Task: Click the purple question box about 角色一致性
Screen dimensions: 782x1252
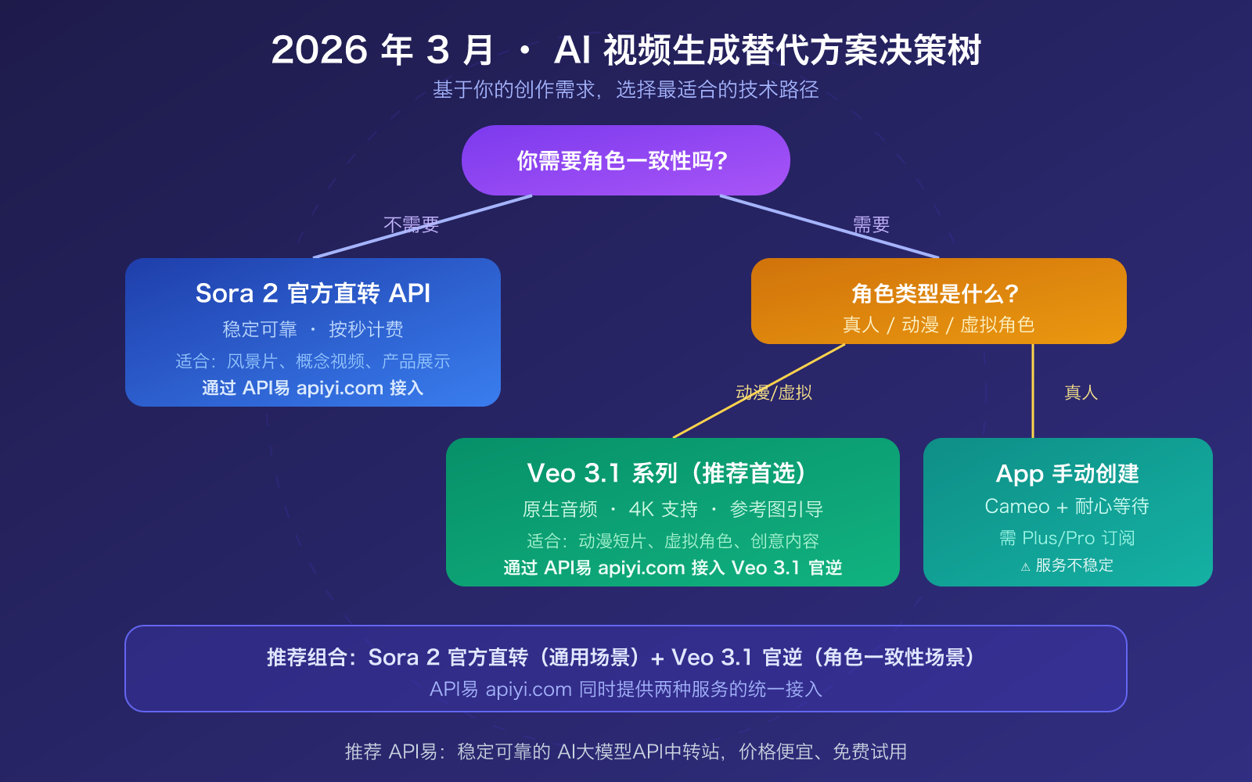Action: click(x=625, y=160)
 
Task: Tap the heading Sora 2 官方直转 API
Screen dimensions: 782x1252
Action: click(x=313, y=293)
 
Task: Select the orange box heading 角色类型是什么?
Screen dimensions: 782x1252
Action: click(x=935, y=294)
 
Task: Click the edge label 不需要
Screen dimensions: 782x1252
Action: click(x=412, y=225)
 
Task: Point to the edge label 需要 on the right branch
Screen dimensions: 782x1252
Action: click(x=872, y=225)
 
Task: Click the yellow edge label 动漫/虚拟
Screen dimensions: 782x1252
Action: click(x=774, y=393)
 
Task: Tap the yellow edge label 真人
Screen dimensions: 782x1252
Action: click(x=1081, y=393)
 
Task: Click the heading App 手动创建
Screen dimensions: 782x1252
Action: click(x=1067, y=474)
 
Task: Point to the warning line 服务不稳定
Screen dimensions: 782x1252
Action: click(x=1069, y=565)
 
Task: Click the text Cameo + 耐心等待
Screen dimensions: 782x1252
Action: click(x=1067, y=507)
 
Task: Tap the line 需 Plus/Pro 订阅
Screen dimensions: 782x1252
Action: click(x=1067, y=538)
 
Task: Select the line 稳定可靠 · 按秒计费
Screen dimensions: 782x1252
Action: click(x=313, y=329)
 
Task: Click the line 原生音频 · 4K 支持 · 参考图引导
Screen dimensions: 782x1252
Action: click(x=673, y=510)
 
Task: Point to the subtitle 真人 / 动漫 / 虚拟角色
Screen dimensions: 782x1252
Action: click(x=938, y=325)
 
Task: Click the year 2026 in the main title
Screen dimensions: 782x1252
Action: click(x=319, y=50)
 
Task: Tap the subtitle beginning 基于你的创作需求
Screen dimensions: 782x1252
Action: click(x=626, y=90)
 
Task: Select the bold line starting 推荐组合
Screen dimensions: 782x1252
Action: click(x=624, y=657)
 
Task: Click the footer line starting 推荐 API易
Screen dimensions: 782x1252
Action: click(x=626, y=752)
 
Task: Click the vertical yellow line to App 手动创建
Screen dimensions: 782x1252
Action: click(x=1033, y=391)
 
